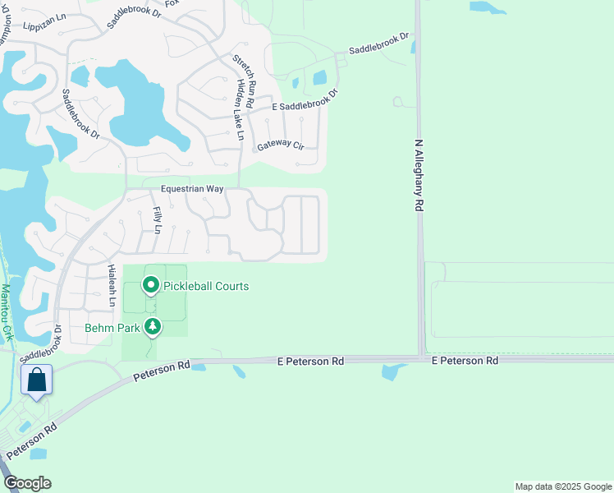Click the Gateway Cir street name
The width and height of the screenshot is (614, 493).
click(x=281, y=145)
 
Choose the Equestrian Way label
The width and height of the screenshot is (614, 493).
click(x=192, y=188)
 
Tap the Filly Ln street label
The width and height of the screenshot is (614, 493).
click(x=157, y=220)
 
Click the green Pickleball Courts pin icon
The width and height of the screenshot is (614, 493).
click(x=151, y=286)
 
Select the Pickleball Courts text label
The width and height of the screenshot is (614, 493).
click(x=205, y=286)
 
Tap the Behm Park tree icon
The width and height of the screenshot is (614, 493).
click(x=152, y=327)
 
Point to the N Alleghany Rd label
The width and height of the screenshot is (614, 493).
click(x=418, y=176)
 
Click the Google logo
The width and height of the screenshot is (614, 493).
click(x=27, y=483)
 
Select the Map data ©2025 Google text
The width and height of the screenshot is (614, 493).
click(x=563, y=486)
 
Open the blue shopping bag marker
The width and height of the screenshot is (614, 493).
click(x=36, y=380)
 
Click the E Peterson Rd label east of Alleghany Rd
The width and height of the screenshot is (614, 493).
click(x=465, y=361)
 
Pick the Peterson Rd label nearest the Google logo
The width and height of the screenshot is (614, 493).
click(x=32, y=440)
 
